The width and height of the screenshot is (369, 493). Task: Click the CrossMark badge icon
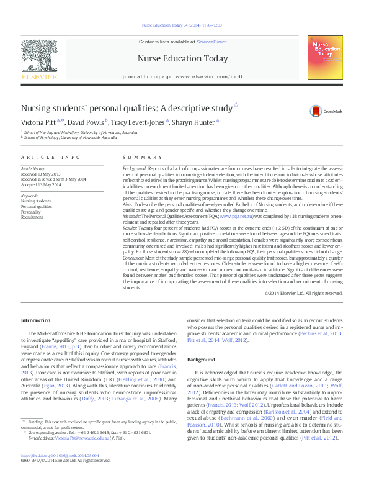click(x=327, y=111)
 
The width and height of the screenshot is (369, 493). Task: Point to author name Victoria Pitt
click(x=38, y=122)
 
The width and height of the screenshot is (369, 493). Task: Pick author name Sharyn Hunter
click(x=195, y=122)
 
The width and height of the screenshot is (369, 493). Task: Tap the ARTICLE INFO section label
click(x=51, y=158)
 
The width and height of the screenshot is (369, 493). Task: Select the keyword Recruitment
click(x=32, y=217)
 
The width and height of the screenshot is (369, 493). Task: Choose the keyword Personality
click(x=32, y=212)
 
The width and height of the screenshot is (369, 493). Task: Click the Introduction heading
click(x=35, y=320)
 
